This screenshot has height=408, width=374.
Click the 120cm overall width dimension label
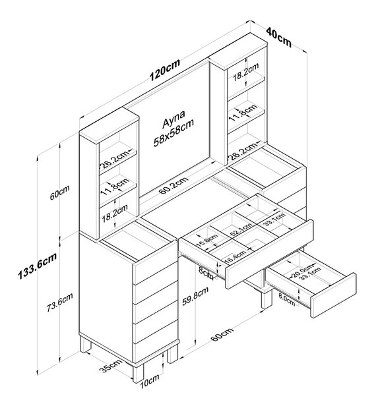coord(165,70)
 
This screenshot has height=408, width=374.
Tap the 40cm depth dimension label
coord(278,38)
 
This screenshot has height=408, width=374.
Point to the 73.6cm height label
coord(59,302)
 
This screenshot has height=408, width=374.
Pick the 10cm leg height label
coord(149,382)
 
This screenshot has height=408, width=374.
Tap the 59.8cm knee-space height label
coord(195,296)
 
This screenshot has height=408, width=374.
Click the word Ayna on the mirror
coord(173,119)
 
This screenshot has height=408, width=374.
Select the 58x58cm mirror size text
coord(173,133)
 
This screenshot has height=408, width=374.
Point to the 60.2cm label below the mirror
coord(173,185)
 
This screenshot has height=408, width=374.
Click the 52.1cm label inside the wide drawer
coord(241,229)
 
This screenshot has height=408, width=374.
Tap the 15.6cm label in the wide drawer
coord(207,241)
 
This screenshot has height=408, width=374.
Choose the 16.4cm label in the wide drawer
coord(235,256)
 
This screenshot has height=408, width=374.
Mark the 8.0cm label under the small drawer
coord(286,300)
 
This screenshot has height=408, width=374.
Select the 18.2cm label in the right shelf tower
coord(245,72)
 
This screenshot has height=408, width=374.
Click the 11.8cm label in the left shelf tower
coord(115,187)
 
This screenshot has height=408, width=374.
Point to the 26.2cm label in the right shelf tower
coord(243,151)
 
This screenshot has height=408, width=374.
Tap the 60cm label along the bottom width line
coord(222,334)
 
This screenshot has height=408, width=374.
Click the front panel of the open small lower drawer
coord(334,295)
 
